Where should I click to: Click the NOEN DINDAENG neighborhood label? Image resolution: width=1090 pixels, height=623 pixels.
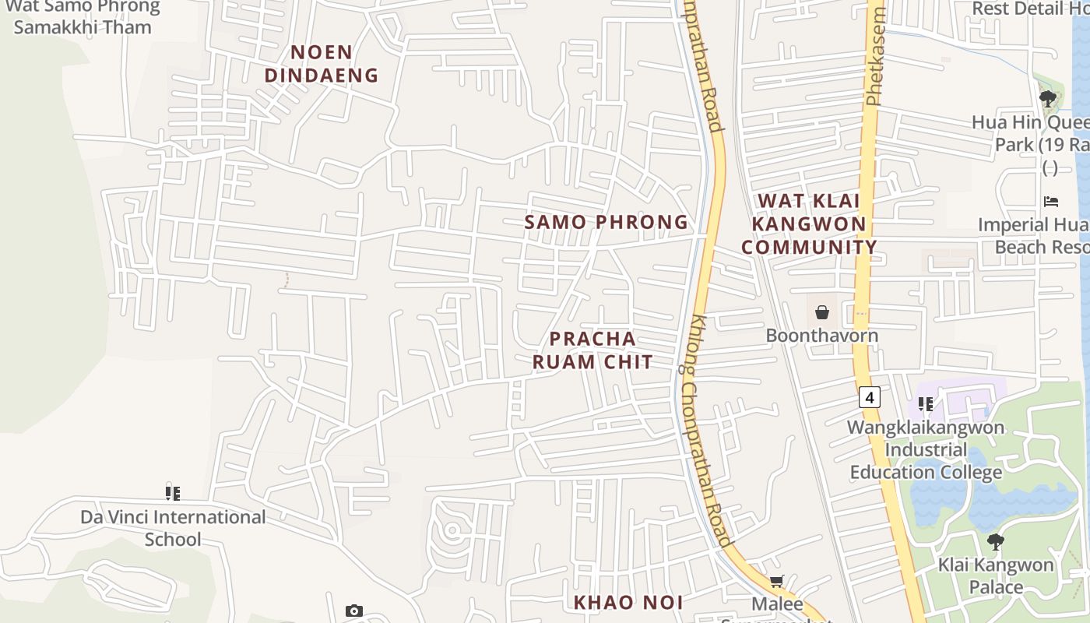click(x=322, y=64)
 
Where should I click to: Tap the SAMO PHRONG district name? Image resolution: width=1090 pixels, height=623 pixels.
click(x=606, y=222)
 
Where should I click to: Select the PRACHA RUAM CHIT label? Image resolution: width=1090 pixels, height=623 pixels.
click(x=592, y=350)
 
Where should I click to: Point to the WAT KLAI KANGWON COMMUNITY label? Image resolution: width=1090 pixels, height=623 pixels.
click(x=809, y=224)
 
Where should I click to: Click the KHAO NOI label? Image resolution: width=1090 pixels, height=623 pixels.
click(x=628, y=602)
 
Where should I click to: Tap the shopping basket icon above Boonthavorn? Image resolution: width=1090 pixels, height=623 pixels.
click(x=821, y=313)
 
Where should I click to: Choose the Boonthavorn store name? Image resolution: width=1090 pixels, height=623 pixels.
click(x=821, y=336)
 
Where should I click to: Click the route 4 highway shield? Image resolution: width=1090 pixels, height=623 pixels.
click(x=870, y=397)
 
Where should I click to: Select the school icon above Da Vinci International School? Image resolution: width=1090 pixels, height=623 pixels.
click(x=173, y=493)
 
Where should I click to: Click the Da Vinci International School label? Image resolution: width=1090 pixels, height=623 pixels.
click(x=173, y=528)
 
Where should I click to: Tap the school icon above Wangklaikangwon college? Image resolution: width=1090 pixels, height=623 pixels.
click(x=925, y=403)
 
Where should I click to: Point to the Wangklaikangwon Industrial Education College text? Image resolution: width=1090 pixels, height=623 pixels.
click(x=926, y=450)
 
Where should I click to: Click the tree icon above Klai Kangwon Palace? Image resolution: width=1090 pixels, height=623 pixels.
click(x=995, y=542)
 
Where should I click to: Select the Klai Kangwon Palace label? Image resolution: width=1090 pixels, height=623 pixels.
click(x=996, y=575)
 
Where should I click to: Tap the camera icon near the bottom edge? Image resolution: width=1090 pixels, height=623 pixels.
click(x=354, y=611)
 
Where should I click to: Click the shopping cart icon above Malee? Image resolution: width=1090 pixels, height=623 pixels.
click(x=776, y=582)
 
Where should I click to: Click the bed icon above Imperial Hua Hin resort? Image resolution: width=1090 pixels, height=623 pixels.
click(x=1050, y=202)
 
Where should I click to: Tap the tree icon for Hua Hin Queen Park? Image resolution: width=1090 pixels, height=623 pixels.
click(x=1048, y=99)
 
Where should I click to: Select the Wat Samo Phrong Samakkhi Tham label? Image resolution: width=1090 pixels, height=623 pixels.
click(x=83, y=17)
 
